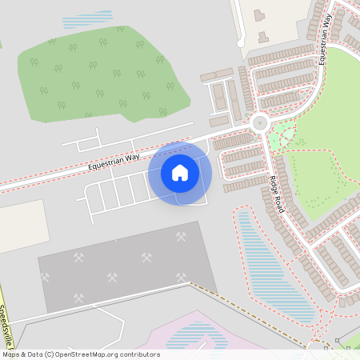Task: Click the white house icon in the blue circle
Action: (x=180, y=173)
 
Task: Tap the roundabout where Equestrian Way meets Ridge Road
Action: (x=259, y=123)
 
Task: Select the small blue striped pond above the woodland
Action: (x=87, y=18)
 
